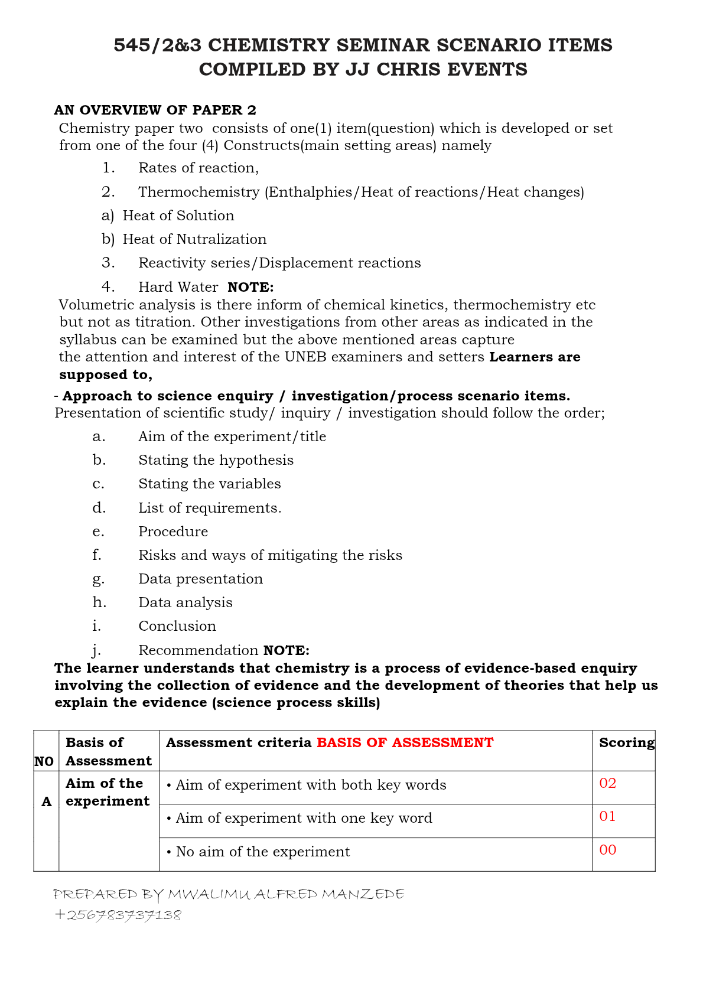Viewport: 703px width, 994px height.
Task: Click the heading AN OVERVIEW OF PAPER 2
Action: pyautogui.click(x=155, y=110)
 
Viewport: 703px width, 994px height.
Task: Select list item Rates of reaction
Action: pyautogui.click(x=198, y=168)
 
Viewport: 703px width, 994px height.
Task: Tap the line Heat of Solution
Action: pyautogui.click(x=178, y=216)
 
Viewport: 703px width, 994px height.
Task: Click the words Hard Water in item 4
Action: pyautogui.click(x=178, y=287)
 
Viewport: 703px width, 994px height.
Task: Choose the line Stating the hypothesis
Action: pyautogui.click(x=216, y=460)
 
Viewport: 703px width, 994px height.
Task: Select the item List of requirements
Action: pyautogui.click(x=210, y=508)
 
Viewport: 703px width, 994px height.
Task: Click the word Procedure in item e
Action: pyautogui.click(x=173, y=532)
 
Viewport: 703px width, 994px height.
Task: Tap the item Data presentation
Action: pyautogui.click(x=200, y=579)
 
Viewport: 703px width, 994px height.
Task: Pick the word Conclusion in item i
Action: pyautogui.click(x=177, y=626)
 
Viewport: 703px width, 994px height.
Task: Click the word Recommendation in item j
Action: pyautogui.click(x=198, y=650)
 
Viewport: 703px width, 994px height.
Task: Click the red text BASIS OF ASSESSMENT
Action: pyautogui.click(x=405, y=742)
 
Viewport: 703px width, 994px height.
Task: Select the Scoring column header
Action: pyautogui.click(x=626, y=742)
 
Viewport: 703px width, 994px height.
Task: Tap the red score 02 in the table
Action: pyautogui.click(x=607, y=783)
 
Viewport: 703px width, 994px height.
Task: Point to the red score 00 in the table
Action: pyautogui.click(x=607, y=850)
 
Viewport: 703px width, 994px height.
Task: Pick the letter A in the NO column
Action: pyautogui.click(x=46, y=802)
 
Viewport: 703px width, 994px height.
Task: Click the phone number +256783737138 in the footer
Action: pyautogui.click(x=118, y=915)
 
